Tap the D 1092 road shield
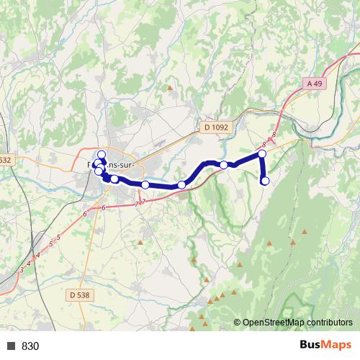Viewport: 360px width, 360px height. [215, 127]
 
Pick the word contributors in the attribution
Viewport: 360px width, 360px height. [328, 323]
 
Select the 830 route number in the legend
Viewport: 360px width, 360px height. [30, 346]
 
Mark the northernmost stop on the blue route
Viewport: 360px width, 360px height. [102, 155]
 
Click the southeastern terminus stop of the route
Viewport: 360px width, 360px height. [265, 181]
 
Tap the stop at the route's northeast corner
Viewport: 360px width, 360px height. [262, 154]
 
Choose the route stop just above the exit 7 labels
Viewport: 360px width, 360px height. [145, 185]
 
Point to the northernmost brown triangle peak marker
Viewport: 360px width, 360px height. [171, 88]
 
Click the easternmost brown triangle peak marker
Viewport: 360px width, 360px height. [304, 232]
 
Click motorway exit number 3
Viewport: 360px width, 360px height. [22, 271]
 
